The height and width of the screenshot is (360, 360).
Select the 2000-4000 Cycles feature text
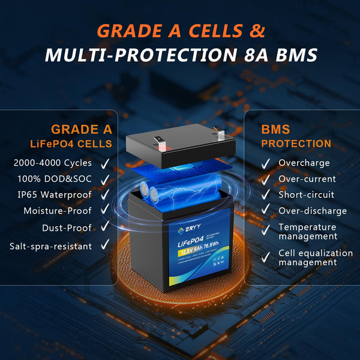[x=52, y=163]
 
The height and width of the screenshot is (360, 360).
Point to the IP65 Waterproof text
[x=55, y=195]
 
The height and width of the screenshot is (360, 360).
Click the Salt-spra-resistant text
[x=51, y=245]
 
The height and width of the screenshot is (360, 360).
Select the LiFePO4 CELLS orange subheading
[x=71, y=143]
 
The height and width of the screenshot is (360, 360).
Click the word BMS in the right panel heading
[x=275, y=129]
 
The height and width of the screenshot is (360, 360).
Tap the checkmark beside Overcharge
[x=265, y=163]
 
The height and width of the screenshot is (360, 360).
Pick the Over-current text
[x=306, y=179]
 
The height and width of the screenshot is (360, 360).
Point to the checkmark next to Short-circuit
[x=265, y=195]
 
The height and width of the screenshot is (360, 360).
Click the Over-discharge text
[x=313, y=211]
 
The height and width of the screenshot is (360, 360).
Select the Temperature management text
[x=307, y=232]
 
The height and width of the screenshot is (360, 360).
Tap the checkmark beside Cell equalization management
[x=265, y=257]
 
